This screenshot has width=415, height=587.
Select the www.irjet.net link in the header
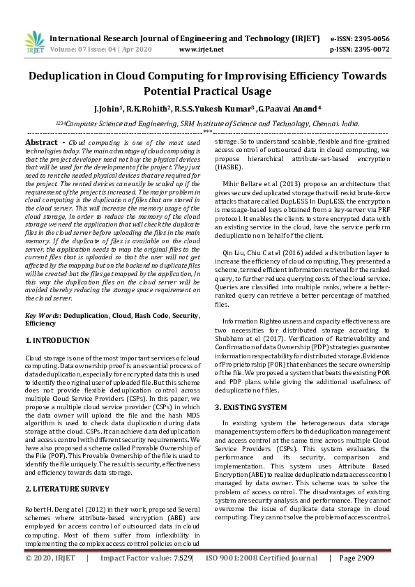click(201, 49)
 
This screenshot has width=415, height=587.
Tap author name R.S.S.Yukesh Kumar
click(225, 109)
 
